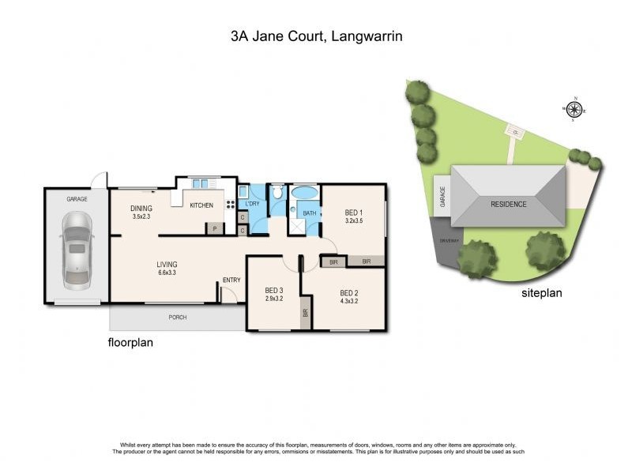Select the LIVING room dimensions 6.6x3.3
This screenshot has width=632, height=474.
coord(167,273)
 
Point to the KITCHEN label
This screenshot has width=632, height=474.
coord(201,205)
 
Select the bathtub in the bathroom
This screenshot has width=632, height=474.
coord(305,192)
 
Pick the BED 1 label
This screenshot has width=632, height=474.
coord(353,213)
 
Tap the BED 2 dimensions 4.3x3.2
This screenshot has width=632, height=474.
coord(348,301)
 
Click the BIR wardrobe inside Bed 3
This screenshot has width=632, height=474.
coord(306,313)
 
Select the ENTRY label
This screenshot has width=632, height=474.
coord(231,280)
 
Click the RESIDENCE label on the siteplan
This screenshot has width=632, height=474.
coord(508,204)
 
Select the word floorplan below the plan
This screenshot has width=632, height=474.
coord(130,344)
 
